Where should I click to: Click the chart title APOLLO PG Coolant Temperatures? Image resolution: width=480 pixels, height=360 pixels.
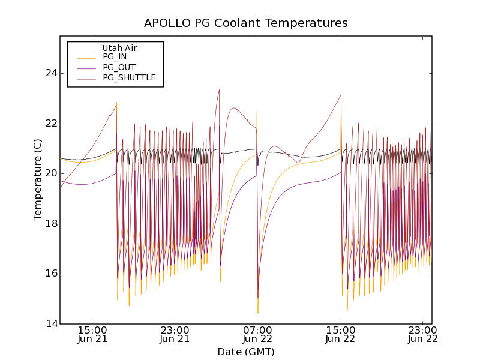point(246,23)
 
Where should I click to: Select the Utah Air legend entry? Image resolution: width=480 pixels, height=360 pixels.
point(119,48)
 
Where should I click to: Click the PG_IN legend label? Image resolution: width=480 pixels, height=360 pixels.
point(115,57)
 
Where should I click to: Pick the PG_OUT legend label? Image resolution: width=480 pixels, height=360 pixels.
point(119,67)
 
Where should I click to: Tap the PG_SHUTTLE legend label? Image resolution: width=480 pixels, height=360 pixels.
point(129,77)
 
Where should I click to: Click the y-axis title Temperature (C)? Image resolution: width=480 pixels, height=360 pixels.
point(38,179)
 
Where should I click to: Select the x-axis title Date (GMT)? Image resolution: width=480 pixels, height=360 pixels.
point(246,352)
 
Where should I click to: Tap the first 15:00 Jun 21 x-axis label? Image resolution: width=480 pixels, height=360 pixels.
point(92,334)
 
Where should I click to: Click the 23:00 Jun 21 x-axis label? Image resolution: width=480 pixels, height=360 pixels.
point(175,334)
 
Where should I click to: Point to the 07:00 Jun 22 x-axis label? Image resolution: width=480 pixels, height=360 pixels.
point(257,334)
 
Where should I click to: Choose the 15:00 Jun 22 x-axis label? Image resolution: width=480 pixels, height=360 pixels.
point(340,334)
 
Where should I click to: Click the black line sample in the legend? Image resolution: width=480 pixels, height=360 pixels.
point(86,48)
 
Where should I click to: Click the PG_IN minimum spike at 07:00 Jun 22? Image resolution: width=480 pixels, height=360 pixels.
point(258,313)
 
